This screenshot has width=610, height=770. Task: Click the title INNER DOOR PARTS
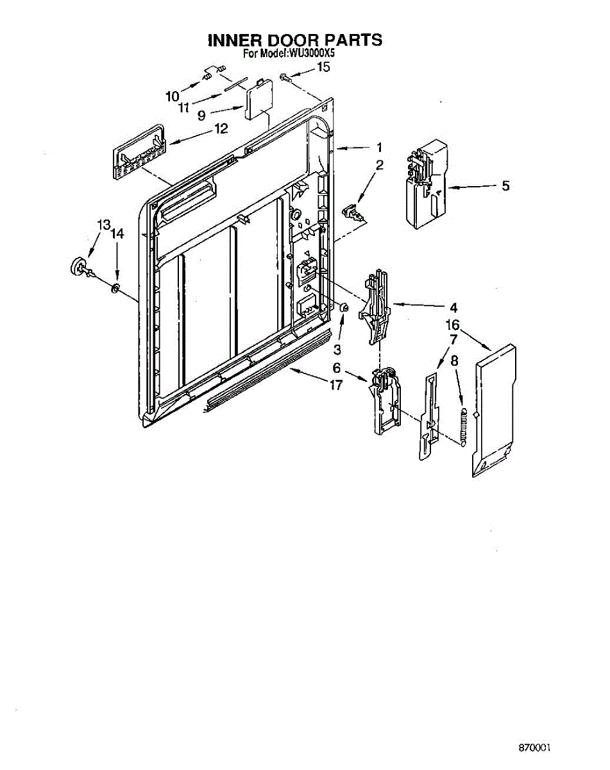coord(295,40)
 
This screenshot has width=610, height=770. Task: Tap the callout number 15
coord(324,66)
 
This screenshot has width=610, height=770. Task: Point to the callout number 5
coord(505,186)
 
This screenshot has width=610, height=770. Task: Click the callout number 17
coord(335,385)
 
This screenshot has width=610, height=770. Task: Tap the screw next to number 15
coord(285,78)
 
